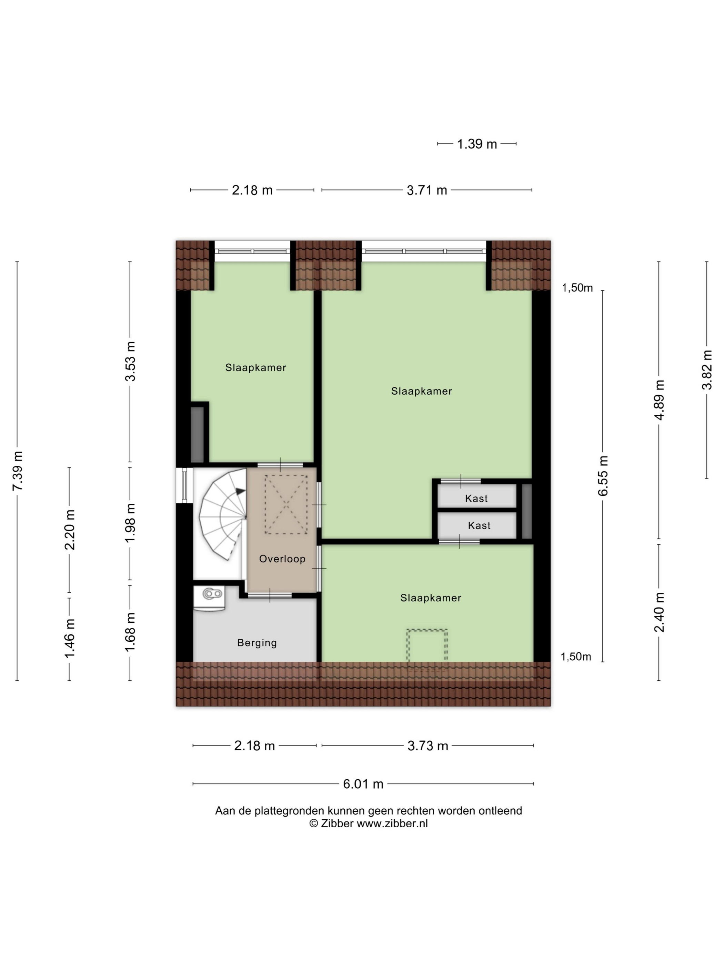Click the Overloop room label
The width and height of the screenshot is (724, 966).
(x=282, y=559)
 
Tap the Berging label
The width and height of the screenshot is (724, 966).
(x=257, y=642)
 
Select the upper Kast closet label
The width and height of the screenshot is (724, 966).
(x=476, y=498)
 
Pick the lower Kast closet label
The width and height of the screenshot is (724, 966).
(x=479, y=525)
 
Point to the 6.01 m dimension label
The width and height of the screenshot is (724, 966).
(x=363, y=784)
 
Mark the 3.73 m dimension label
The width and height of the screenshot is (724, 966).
(x=428, y=746)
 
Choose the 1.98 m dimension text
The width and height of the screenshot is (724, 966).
(x=130, y=523)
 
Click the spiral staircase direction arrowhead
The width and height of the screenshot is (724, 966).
(x=240, y=491)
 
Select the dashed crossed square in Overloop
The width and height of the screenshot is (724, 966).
(x=286, y=504)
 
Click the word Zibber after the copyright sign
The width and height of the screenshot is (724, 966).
(x=337, y=823)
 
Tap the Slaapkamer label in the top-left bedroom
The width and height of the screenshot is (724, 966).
(x=256, y=367)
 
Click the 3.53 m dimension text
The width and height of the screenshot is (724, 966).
(x=130, y=361)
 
